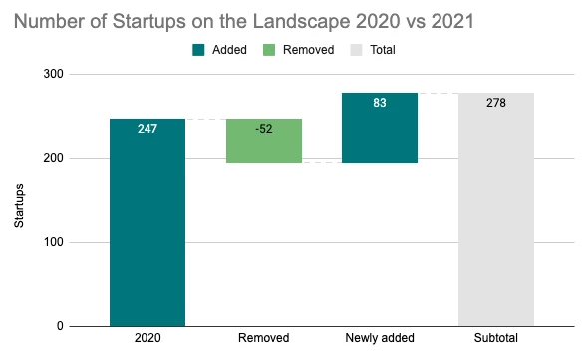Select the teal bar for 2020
[x=147, y=229]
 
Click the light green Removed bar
[x=263, y=141]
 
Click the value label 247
[x=147, y=129]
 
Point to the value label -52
[x=263, y=129]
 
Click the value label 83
[x=380, y=103]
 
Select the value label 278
[x=495, y=103]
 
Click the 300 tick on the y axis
[x=54, y=75]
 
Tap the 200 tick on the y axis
[x=54, y=159]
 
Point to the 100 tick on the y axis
[x=54, y=242]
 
